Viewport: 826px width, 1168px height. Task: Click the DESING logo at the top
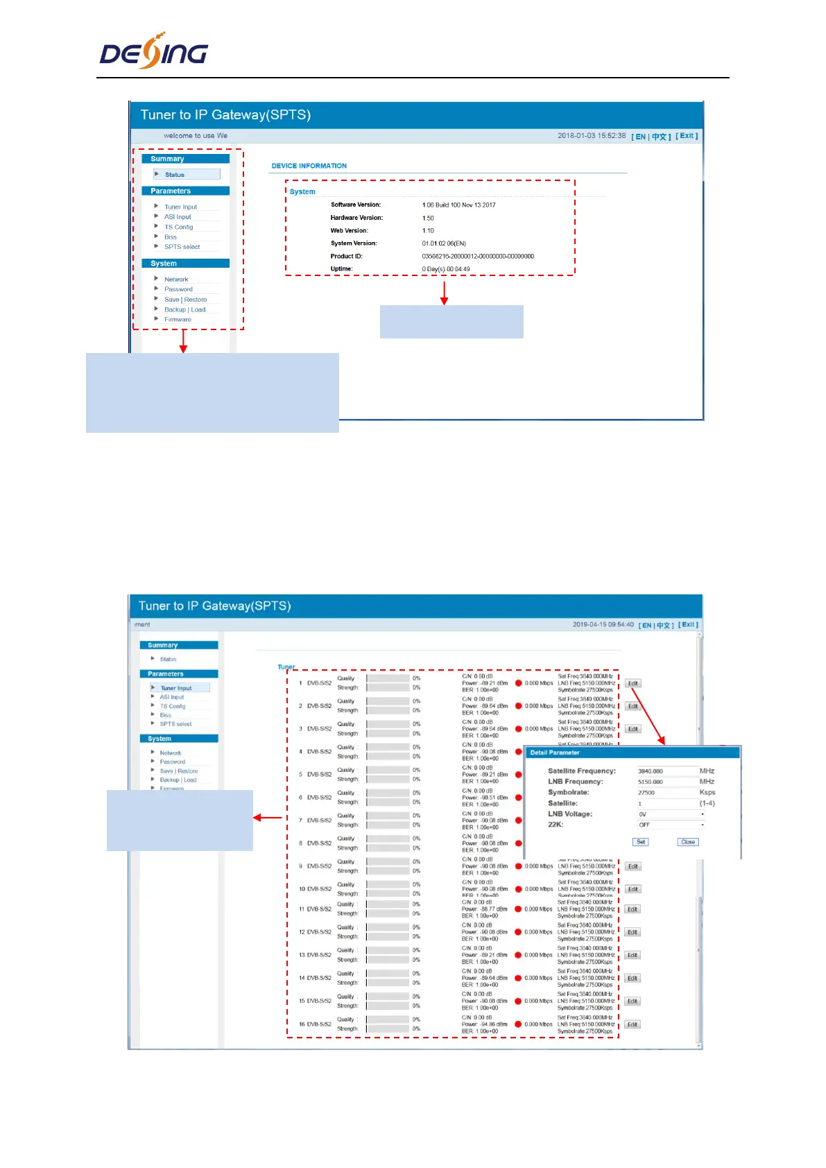154,51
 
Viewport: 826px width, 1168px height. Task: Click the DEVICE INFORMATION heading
309,166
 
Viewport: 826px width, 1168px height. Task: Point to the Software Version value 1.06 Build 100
458,205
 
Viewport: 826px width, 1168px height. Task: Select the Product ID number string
478,256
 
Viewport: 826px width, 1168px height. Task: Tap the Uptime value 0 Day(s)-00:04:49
445,269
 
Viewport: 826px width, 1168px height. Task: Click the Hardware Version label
356,218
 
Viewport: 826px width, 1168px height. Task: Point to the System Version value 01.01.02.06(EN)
444,243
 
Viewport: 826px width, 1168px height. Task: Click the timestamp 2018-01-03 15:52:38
592,136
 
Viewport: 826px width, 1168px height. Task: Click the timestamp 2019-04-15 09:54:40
603,624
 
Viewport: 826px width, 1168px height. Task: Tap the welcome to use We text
196,136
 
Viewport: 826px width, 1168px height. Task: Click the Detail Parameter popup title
555,753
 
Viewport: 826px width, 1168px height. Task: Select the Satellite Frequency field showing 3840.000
666,771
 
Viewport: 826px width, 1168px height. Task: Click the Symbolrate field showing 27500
666,793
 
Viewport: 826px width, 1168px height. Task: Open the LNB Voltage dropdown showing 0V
671,814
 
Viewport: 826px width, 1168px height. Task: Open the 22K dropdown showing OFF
671,825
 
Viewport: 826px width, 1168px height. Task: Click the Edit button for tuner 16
633,1024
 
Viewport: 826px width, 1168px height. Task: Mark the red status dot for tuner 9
518,866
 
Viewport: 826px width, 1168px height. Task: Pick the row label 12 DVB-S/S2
315,932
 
